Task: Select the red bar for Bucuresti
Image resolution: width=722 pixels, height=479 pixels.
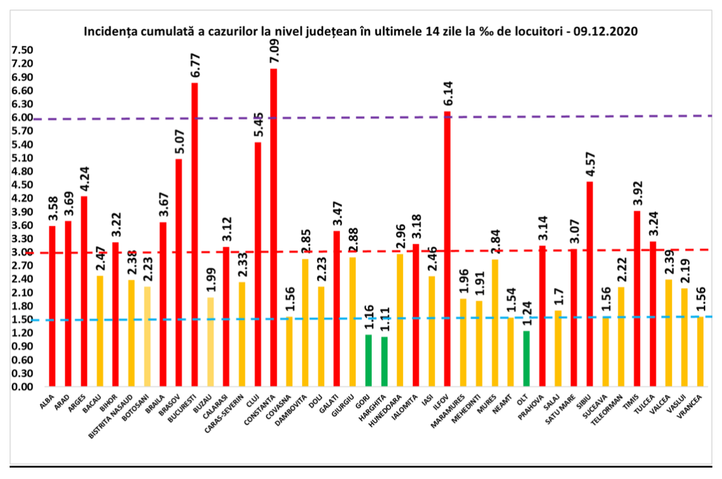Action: [x=195, y=234]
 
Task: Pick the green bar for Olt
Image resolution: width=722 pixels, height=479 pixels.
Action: [x=526, y=358]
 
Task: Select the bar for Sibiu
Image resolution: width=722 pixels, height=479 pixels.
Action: [x=590, y=283]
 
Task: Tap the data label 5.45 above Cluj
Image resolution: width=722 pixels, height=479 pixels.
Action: [x=258, y=124]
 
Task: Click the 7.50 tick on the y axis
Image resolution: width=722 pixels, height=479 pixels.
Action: [x=22, y=50]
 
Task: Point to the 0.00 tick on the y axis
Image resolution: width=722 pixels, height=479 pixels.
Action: [x=22, y=386]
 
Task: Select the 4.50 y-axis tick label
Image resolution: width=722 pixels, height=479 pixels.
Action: [x=22, y=185]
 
